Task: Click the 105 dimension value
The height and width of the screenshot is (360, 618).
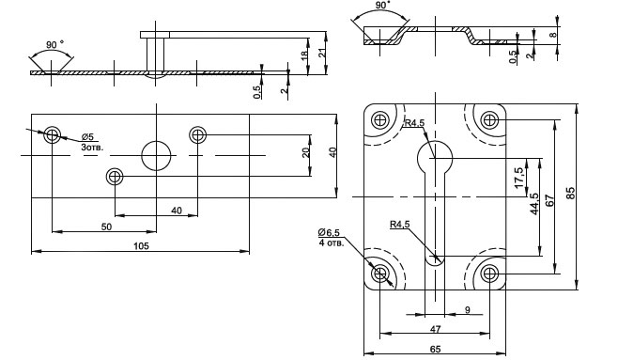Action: (x=141, y=246)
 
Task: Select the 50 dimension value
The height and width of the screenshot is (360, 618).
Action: (x=106, y=227)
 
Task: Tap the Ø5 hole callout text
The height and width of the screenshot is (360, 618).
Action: (x=88, y=137)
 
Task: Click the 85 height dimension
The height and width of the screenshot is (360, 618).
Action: (x=571, y=194)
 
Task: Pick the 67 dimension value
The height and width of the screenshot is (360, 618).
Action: (x=550, y=200)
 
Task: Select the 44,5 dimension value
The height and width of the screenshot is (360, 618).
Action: (x=534, y=204)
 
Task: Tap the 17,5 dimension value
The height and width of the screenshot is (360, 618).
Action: (x=518, y=178)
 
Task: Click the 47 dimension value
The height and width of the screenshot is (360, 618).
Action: (x=436, y=329)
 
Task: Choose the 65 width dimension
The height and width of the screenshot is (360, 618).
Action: (x=436, y=349)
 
